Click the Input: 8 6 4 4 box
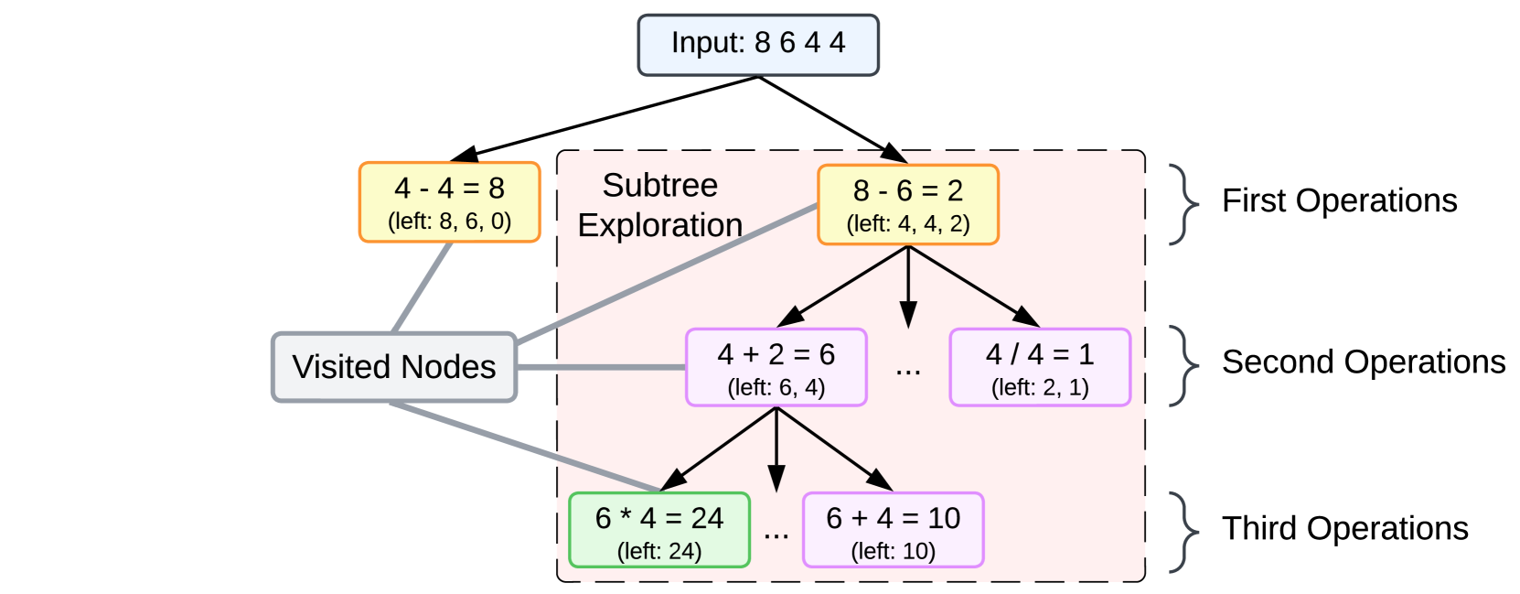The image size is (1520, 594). [x=758, y=45]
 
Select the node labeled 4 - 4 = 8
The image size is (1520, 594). [x=449, y=201]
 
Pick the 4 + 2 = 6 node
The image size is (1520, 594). [x=776, y=367]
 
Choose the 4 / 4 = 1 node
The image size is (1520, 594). [x=1040, y=367]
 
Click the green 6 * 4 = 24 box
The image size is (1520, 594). [x=658, y=530]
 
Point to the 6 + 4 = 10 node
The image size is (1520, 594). [x=893, y=530]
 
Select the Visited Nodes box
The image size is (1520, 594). [x=394, y=367]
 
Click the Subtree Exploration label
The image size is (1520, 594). [x=659, y=205]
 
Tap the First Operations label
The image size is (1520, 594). [x=1339, y=200]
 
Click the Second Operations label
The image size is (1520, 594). [x=1363, y=362]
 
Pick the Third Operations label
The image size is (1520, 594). [x=1344, y=528]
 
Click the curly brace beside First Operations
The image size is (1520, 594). [x=1184, y=204]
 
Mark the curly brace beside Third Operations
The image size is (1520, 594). [x=1184, y=532]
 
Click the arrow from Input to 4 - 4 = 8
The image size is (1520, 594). [x=613, y=116]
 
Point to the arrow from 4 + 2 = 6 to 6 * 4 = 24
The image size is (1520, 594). [x=719, y=448]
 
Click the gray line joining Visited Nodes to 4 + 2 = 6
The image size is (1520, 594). [x=601, y=367]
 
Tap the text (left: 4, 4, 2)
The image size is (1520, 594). [x=907, y=224]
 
